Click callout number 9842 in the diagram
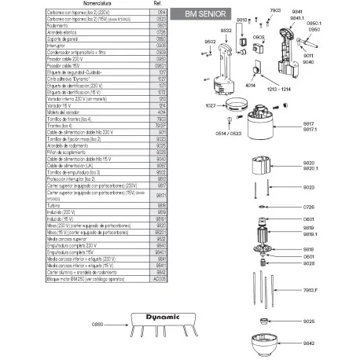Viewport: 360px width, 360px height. pyautogui.click(x=330, y=343)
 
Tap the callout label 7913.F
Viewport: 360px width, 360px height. pyautogui.click(x=331, y=290)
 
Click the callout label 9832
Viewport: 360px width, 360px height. pyautogui.click(x=226, y=30)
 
